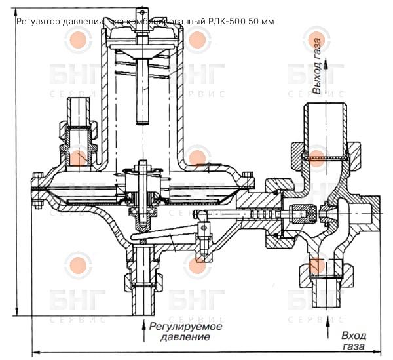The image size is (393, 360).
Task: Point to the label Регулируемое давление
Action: point(185,331)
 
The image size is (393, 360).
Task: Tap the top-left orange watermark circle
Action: point(78,39)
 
